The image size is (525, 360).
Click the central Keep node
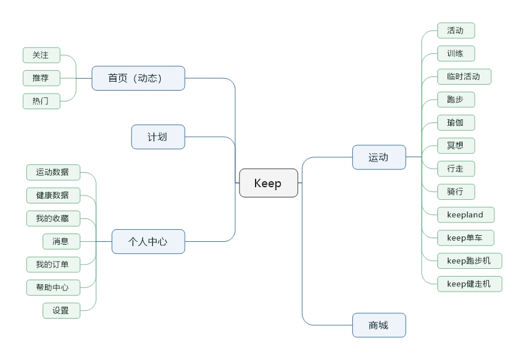tap(268, 183)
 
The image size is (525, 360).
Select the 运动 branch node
tap(379, 157)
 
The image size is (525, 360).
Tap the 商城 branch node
tap(379, 325)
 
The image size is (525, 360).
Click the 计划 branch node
tap(158, 137)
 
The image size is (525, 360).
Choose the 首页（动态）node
tap(138, 78)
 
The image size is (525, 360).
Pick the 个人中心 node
tap(148, 242)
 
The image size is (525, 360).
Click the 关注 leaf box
tap(41, 55)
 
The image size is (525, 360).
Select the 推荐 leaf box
tap(41, 78)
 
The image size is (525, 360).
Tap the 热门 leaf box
tap(41, 101)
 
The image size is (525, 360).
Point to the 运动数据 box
tap(53, 172)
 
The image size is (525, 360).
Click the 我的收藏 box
tap(53, 218)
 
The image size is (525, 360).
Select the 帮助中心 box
tap(53, 287)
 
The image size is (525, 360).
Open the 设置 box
tap(61, 310)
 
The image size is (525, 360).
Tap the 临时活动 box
tap(464, 76)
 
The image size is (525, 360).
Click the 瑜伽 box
tap(456, 122)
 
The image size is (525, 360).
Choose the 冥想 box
tap(456, 145)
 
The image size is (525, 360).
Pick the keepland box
tap(466, 215)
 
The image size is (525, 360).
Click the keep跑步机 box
tap(469, 260)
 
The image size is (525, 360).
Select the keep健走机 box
tap(469, 283)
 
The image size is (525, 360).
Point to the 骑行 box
tap(456, 191)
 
